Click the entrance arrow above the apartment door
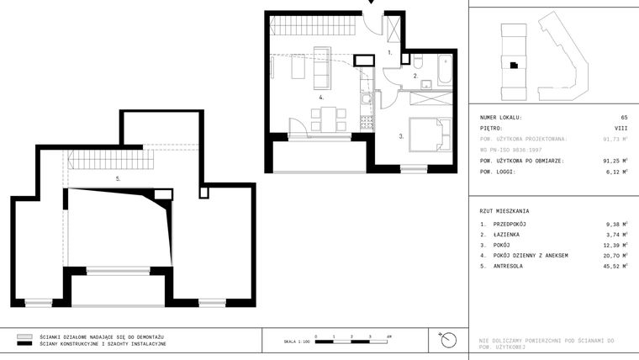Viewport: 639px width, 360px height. [370, 3]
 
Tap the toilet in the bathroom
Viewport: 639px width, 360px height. [417, 61]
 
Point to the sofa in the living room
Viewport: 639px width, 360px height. [320, 67]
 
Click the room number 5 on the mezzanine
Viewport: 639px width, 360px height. [118, 179]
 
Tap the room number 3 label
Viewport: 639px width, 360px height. [401, 135]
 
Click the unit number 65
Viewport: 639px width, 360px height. [624, 118]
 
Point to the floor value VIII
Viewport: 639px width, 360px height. [621, 129]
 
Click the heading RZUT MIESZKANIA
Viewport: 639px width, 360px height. [504, 211]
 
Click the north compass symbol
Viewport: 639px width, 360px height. [449, 340]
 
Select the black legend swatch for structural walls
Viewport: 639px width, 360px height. [24, 344]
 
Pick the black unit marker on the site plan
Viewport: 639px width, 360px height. [511, 65]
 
